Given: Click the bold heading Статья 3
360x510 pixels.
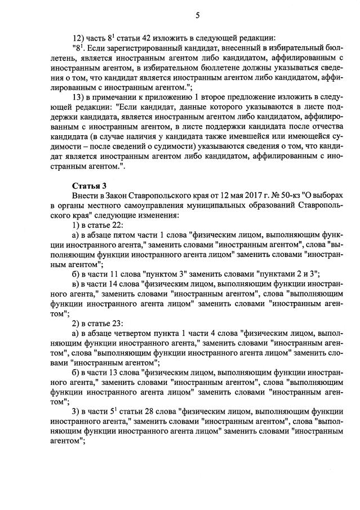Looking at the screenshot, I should coord(89,185).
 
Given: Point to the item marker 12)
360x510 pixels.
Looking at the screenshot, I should coord(78,38).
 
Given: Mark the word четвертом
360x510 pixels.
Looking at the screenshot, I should coord(134,334).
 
